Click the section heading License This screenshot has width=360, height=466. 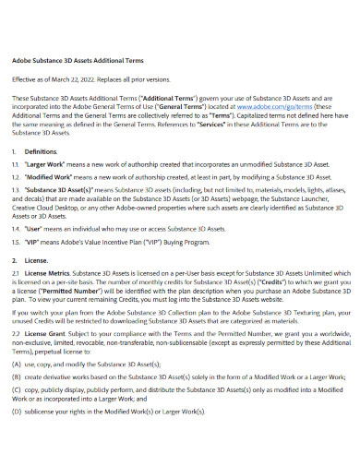click(38, 261)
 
